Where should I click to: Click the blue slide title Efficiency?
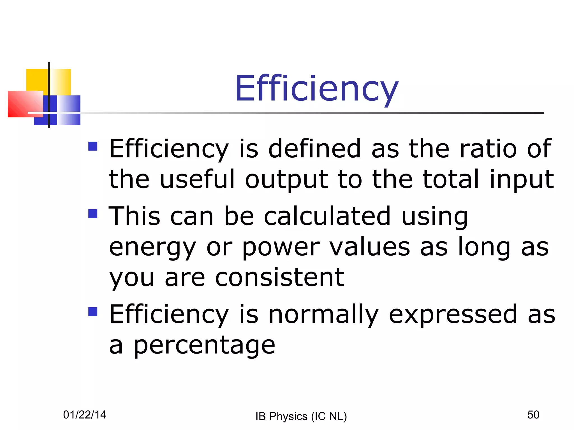316,89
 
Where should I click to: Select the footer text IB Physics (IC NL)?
301,417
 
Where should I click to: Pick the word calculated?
327,216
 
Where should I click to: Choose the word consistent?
279,278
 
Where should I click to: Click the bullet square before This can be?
93,214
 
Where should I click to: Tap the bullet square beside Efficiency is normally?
93,312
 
